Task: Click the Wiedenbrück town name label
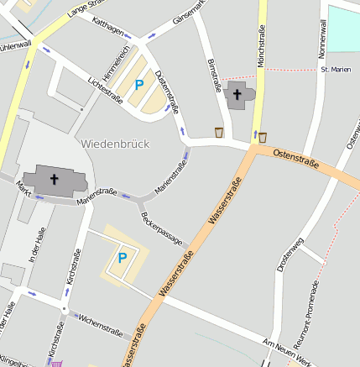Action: point(116,144)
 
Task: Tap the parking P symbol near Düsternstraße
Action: point(139,85)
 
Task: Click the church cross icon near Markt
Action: point(55,178)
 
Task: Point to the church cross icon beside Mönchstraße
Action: point(237,94)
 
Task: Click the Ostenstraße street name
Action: point(296,161)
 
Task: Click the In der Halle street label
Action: point(34,249)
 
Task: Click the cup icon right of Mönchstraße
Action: point(263,137)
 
